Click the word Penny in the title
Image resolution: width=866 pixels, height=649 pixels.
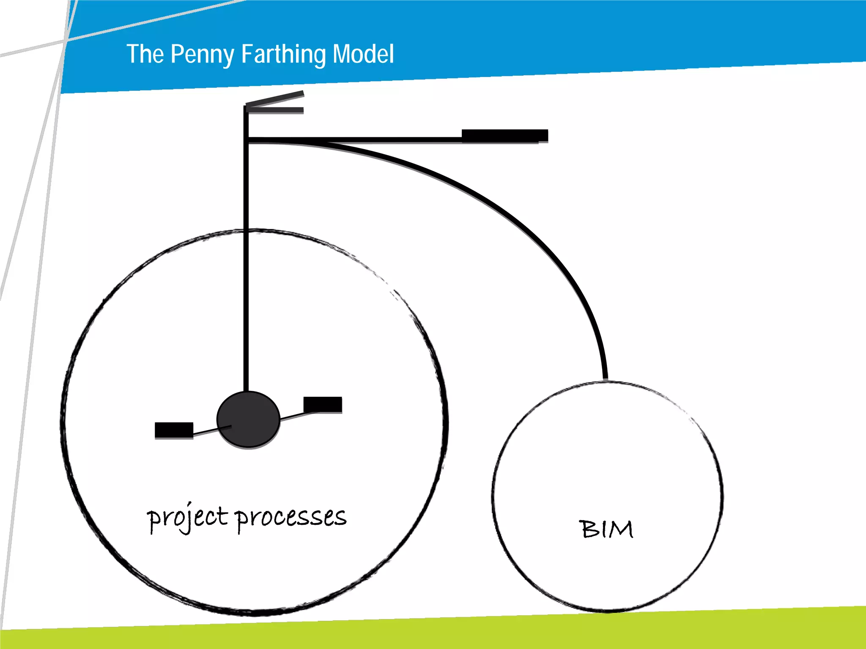[x=202, y=54]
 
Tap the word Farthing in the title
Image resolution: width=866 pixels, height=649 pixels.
[x=284, y=54]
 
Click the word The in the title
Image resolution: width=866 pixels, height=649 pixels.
[x=145, y=54]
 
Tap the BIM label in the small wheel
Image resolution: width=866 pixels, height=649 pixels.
[x=606, y=529]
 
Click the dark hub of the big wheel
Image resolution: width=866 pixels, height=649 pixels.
[x=248, y=419]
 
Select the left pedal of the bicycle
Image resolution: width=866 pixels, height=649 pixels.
[x=174, y=430]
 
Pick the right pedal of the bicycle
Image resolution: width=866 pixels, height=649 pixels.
[x=323, y=404]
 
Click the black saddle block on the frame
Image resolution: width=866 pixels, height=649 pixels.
[x=504, y=135]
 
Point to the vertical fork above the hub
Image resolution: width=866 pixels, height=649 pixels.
[x=246, y=262]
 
